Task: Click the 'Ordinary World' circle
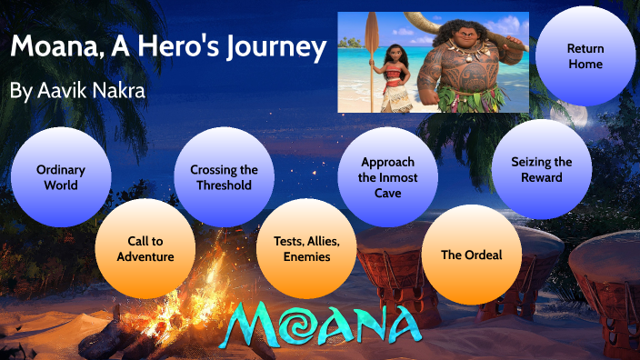pyautogui.click(x=62, y=176)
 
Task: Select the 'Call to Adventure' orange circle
pyautogui.click(x=145, y=247)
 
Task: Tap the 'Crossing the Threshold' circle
pyautogui.click(x=224, y=176)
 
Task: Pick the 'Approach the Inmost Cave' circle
pyautogui.click(x=387, y=176)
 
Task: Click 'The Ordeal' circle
pyautogui.click(x=471, y=255)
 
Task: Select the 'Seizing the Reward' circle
pyautogui.click(x=542, y=169)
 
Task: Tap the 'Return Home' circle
pyautogui.click(x=585, y=56)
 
